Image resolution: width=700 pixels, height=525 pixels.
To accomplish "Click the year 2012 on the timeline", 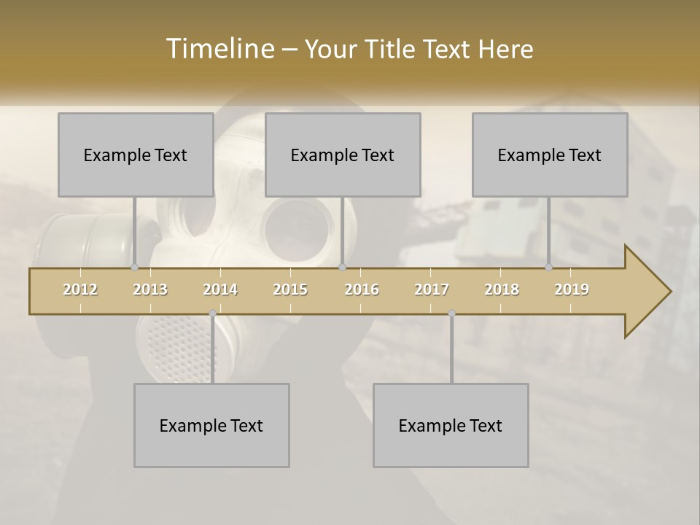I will (x=80, y=289).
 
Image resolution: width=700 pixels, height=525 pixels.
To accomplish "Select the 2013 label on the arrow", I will (x=150, y=289).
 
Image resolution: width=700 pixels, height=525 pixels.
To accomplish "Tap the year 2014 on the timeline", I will (x=220, y=289).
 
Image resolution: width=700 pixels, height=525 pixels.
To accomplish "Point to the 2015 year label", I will (x=290, y=289).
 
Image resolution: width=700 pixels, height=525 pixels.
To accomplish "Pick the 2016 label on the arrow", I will (x=362, y=289).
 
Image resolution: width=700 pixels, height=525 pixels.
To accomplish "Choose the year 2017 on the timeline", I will (x=432, y=289).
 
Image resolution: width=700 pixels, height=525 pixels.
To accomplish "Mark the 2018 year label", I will (x=502, y=289).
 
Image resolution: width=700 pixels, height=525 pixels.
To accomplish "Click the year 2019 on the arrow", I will (x=572, y=289).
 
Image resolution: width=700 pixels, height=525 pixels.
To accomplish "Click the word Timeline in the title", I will (x=219, y=49).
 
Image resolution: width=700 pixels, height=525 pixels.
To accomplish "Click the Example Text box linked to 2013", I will (x=136, y=155).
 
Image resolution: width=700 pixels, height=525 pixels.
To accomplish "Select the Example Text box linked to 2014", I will (x=211, y=425).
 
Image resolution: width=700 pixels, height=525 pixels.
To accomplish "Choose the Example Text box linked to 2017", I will (x=451, y=425).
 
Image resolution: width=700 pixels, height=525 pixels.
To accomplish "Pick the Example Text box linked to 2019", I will (x=550, y=155).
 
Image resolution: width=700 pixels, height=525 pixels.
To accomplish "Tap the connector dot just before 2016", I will (x=342, y=267).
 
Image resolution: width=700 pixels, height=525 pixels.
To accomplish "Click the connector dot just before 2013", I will (x=134, y=267).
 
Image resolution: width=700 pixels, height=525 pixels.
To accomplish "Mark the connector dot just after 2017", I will (x=451, y=314).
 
